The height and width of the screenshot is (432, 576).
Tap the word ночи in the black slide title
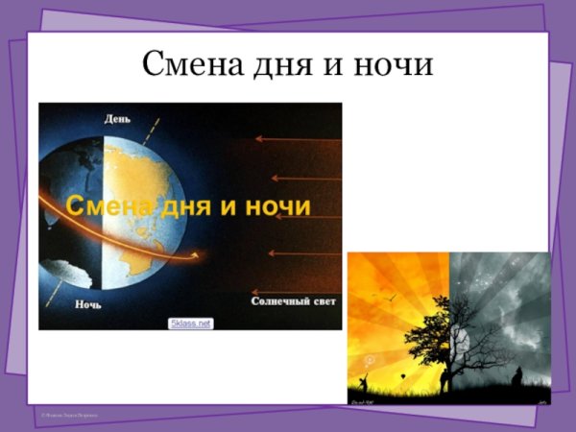pyautogui.click(x=394, y=64)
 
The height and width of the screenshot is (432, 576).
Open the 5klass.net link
pyautogui.click(x=190, y=324)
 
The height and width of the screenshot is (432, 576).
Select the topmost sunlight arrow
pyautogui.click(x=298, y=139)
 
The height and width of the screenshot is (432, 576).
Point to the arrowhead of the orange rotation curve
pyautogui.click(x=201, y=254)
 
